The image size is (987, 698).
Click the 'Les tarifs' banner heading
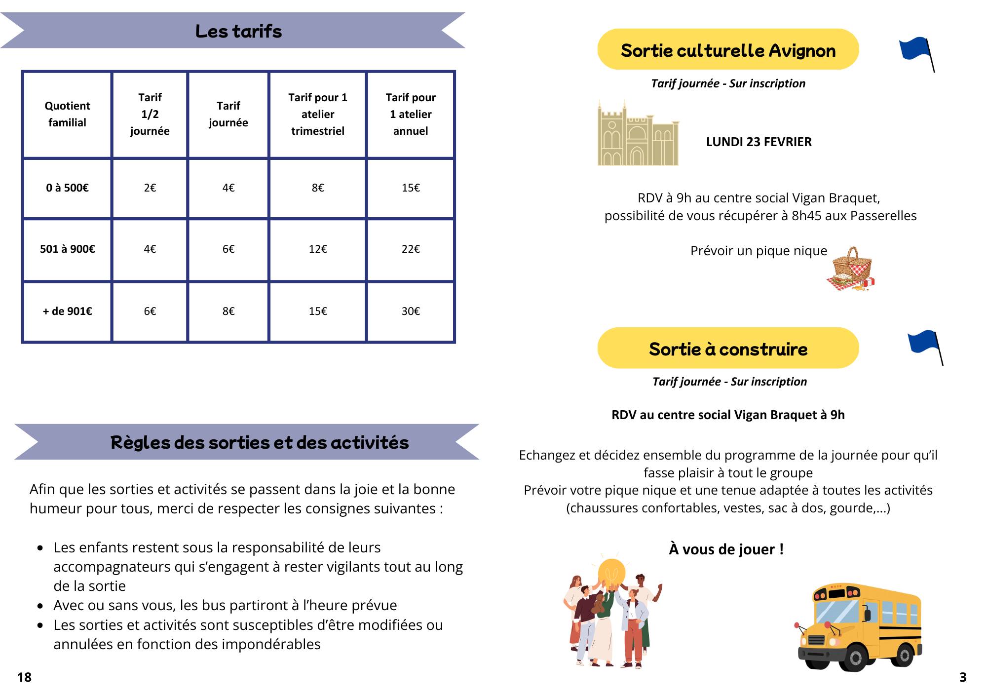point(238,31)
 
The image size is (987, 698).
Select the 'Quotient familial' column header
point(67,114)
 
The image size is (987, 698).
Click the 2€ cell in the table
point(150,188)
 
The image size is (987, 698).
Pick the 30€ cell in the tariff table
point(411,311)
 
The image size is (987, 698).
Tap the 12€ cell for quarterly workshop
point(318,249)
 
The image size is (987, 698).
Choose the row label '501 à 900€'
point(67,249)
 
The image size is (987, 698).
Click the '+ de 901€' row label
point(67,311)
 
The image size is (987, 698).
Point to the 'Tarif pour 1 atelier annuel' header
point(411,114)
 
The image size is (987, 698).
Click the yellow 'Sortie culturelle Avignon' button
point(728,50)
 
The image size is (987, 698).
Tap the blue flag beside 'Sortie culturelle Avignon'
point(915,51)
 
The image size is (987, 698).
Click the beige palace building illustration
point(638,134)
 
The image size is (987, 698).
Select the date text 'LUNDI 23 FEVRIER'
point(759,142)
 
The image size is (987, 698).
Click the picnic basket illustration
point(850,270)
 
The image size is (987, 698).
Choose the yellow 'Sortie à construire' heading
point(728,349)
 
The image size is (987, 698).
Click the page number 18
point(24,677)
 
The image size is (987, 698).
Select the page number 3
point(962,677)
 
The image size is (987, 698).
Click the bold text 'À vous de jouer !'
point(726,549)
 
